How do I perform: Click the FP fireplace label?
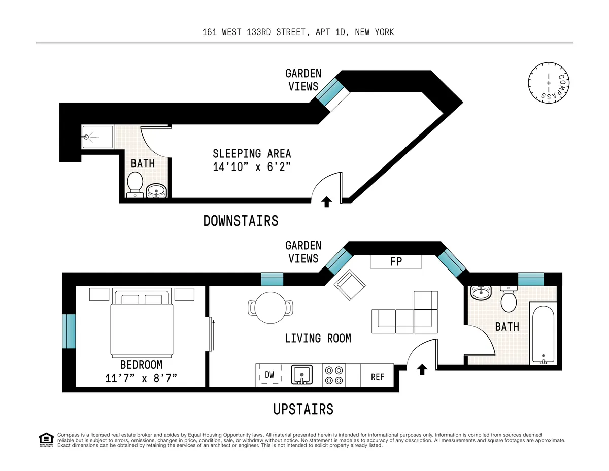[396, 262]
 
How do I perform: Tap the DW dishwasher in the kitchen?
[269, 375]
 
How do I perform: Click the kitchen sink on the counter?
[303, 376]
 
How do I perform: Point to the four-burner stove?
[334, 376]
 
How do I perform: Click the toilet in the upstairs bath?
[508, 299]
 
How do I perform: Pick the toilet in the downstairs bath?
[135, 183]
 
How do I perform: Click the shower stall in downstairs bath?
[97, 137]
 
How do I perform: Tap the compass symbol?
[548, 82]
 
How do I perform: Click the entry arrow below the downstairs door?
[327, 202]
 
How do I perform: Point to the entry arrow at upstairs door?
[421, 369]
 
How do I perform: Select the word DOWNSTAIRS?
[241, 221]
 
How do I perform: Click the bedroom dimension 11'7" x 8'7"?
[142, 378]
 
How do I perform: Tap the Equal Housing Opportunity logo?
[46, 440]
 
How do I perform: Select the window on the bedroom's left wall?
[69, 331]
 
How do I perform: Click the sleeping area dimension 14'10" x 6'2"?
[252, 166]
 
